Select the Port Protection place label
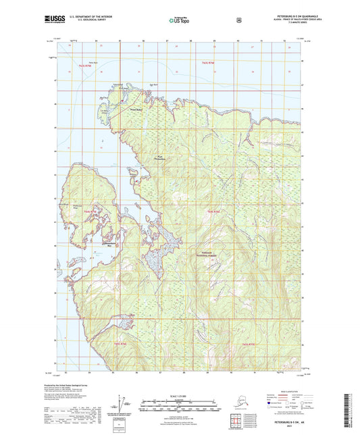(x=160, y=158)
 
